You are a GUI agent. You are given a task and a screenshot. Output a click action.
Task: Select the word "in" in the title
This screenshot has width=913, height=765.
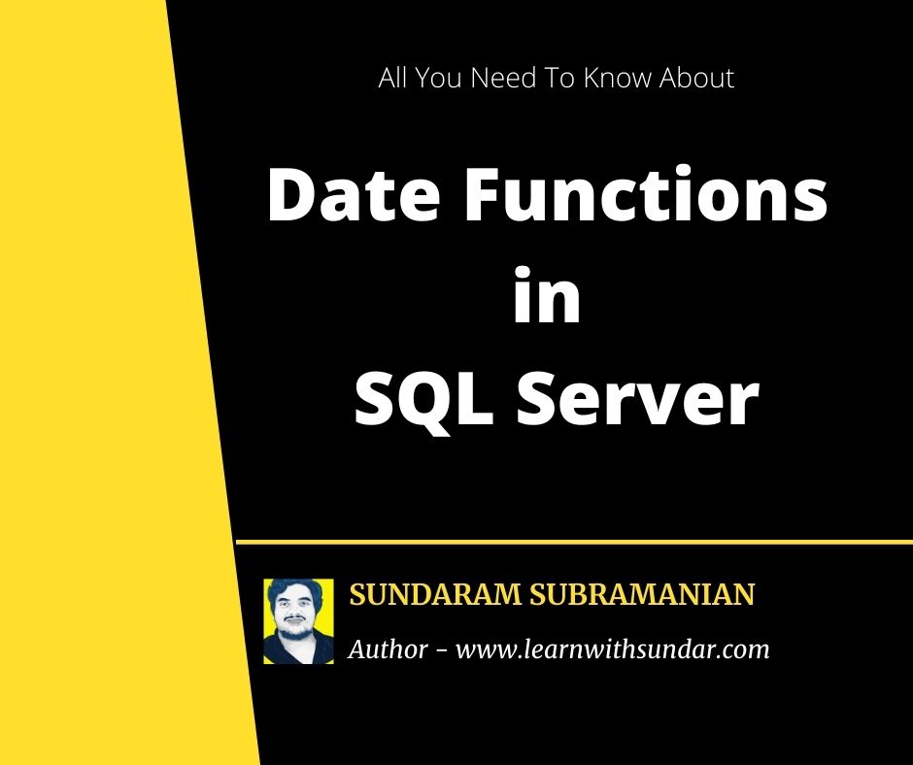(546, 298)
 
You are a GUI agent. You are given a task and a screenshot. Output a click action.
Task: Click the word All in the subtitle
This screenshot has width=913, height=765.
(393, 79)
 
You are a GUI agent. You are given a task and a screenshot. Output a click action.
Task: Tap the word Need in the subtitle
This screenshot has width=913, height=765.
(498, 79)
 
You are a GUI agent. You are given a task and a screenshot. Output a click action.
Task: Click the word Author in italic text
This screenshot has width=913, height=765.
(388, 649)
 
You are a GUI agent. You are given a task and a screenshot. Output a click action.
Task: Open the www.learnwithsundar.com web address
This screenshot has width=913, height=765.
(612, 649)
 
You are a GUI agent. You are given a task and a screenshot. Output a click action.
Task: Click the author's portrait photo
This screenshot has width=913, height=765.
(298, 621)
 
